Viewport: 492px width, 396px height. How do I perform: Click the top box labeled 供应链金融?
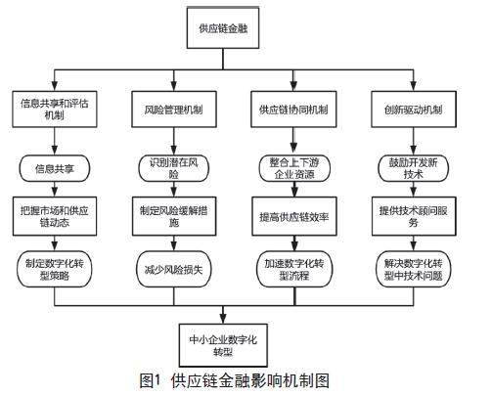[223, 28]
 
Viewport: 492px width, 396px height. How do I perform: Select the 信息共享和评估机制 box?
[55, 110]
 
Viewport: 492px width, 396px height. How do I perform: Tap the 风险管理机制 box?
[174, 110]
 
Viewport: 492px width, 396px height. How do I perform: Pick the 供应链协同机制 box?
[293, 110]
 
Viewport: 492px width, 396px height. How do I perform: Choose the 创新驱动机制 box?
[414, 110]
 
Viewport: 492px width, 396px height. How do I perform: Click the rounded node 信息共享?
[55, 168]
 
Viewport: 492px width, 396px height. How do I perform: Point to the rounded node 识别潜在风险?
[174, 168]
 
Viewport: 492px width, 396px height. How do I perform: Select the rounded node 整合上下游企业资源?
[294, 168]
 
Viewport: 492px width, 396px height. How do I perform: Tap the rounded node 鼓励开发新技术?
[414, 168]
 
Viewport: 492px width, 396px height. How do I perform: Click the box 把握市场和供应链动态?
[55, 216]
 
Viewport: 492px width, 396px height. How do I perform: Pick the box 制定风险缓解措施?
[174, 216]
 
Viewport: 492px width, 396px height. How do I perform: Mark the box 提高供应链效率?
[294, 216]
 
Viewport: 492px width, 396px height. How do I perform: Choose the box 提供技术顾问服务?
[414, 216]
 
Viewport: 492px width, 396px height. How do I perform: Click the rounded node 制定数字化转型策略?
[55, 269]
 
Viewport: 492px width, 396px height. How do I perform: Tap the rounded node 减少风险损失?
[174, 269]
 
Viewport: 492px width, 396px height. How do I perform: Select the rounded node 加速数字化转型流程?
[294, 269]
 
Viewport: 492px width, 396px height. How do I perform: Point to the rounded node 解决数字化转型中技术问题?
[414, 269]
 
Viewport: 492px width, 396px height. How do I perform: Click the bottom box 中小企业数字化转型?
[223, 345]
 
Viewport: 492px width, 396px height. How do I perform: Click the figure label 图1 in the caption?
[151, 380]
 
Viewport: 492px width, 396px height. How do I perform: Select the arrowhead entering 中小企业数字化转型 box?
[223, 319]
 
